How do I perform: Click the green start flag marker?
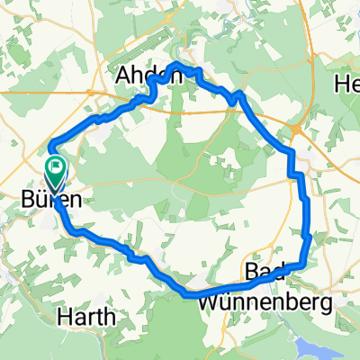[56, 165]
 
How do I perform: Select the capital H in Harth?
[64, 317]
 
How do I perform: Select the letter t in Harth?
[99, 317]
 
